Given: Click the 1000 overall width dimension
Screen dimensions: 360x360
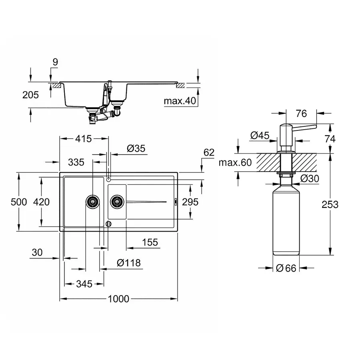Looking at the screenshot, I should click(118, 299).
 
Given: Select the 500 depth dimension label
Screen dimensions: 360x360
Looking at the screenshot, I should click(19, 202).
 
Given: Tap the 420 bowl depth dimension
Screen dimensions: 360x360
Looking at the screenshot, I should click(42, 202).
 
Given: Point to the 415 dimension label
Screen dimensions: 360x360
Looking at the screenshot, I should click(83, 138).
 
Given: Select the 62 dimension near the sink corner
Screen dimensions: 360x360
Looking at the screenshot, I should click(209, 152).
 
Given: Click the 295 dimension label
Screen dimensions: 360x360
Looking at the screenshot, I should click(190, 202).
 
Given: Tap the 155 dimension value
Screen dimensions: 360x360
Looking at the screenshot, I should click(150, 242).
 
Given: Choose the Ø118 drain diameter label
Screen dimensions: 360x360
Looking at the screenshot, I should click(128, 263).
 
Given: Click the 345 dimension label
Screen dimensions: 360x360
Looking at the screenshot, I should click(84, 284).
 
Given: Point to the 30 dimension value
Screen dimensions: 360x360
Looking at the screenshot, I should click(37, 252).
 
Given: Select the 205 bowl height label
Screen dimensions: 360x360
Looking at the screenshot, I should click(31, 95).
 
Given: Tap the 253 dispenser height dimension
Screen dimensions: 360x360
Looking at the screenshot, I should click(330, 204).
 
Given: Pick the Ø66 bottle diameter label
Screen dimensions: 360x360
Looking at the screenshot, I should click(286, 268).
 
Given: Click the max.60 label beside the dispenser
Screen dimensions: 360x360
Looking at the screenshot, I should click(236, 162).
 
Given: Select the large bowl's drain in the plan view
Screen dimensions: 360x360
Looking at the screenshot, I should click(92, 202).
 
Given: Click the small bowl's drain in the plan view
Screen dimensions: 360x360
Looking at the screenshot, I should click(117, 202).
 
